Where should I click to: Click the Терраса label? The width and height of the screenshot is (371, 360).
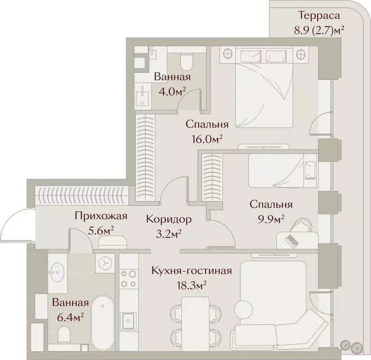pos(319,15)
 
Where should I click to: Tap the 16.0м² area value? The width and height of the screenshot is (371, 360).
pos(207,138)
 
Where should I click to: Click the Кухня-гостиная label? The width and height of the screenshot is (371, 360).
pos(192,270)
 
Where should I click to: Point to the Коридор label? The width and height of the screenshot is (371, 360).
pos(169,219)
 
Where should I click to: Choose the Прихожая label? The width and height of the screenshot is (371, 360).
pos(101,216)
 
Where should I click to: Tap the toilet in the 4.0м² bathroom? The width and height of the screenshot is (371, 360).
pos(186,61)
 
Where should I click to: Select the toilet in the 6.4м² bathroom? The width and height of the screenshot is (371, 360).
pos(64,334)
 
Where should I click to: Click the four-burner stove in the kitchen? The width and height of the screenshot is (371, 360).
pos(128,279)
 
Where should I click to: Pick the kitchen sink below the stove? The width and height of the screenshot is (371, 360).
pos(128,321)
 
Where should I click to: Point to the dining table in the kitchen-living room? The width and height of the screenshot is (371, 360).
pos(195,321)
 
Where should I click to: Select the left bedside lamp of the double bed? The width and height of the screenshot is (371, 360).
pos(228,54)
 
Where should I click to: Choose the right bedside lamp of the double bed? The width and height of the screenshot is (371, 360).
pos(301,54)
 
